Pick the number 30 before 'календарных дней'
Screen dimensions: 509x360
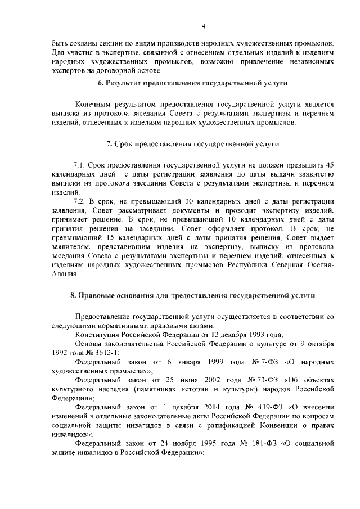(188, 201)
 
